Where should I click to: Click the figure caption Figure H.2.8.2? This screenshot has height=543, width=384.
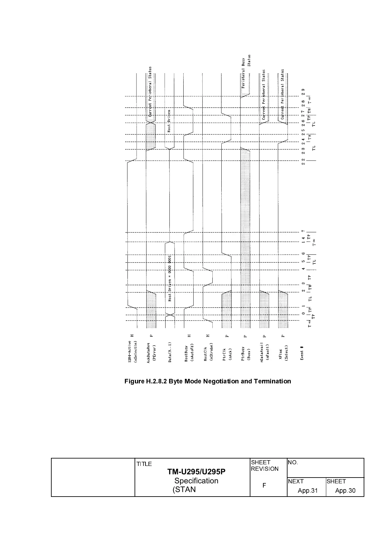tap(207, 381)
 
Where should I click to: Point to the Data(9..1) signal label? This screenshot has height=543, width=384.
tap(170, 352)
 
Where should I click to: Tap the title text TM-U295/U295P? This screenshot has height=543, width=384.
tap(196, 472)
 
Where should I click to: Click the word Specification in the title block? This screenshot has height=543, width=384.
tap(196, 481)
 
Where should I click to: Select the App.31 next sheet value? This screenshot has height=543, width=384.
tap(308, 491)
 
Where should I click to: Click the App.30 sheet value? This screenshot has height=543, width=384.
tap(345, 491)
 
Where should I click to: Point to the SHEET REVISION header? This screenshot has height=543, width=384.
tap(265, 466)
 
